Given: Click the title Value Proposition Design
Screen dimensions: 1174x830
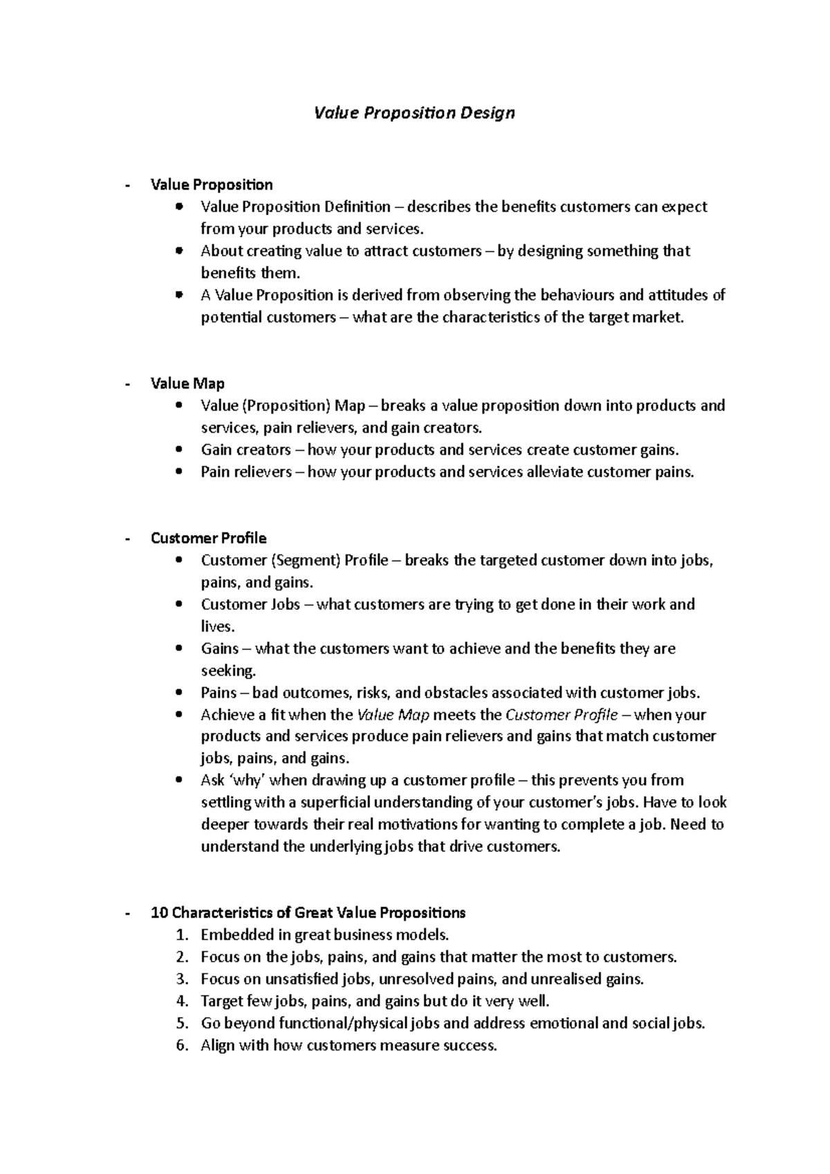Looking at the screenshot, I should click(x=414, y=112).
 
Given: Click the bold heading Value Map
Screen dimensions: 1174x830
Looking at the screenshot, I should click(x=187, y=384).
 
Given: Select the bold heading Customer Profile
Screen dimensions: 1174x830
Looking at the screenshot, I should click(x=208, y=538).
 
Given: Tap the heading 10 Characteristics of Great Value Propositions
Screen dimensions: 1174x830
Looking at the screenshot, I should click(x=308, y=913).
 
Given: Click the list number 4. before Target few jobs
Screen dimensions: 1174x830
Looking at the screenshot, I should click(x=182, y=1001).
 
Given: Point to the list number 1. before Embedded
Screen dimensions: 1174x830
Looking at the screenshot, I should click(x=182, y=935).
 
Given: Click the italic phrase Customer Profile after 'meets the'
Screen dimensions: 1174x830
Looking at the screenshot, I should click(x=562, y=715).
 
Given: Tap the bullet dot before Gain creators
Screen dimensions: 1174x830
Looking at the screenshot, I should click(x=180, y=449).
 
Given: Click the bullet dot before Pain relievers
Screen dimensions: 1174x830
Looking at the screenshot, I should click(x=180, y=472).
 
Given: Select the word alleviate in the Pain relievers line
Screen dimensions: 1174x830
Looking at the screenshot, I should click(x=555, y=472).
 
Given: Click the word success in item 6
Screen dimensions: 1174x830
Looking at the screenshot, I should click(x=471, y=1045).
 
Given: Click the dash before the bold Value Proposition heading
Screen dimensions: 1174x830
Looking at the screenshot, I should click(x=128, y=185).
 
